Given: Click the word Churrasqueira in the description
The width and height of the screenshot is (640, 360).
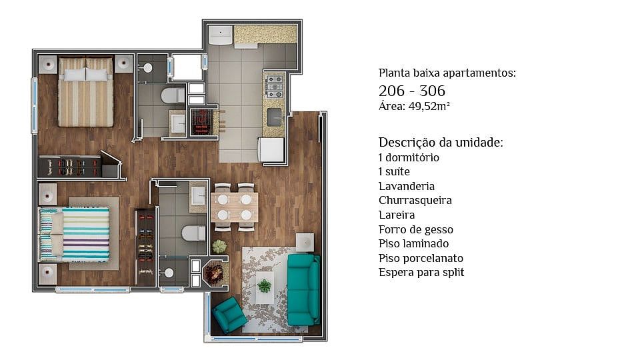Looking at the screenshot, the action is tap(415, 201).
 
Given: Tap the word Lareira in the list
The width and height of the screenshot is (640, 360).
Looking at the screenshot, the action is tap(396, 215).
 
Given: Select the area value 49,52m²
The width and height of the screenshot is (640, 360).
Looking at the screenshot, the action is tap(429, 107).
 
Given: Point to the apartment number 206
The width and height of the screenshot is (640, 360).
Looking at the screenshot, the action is tap(391, 91).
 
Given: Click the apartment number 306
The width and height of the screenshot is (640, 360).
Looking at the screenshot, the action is tap(432, 91).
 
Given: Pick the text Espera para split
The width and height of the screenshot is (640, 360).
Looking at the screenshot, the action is tap(421, 273).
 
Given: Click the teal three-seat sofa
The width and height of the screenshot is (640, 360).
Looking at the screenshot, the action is tap(303, 289).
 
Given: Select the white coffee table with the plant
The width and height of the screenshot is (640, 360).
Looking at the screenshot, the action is tap(265, 287).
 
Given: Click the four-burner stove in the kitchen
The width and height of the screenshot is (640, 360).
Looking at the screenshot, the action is tap(275, 87).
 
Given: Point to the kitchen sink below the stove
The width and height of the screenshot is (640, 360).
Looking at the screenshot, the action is tap(275, 117).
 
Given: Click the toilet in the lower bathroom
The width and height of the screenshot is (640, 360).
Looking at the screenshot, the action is tap(194, 233).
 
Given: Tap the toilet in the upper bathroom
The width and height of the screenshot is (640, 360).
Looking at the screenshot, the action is tap(173, 96).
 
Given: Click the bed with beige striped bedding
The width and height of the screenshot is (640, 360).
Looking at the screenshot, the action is tap(86, 92).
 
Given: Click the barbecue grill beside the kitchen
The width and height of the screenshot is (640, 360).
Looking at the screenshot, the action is tap(201, 121).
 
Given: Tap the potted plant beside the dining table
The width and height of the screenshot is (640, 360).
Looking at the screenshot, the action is tap(219, 246).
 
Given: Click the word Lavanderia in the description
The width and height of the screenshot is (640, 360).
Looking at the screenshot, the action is tap(407, 186).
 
